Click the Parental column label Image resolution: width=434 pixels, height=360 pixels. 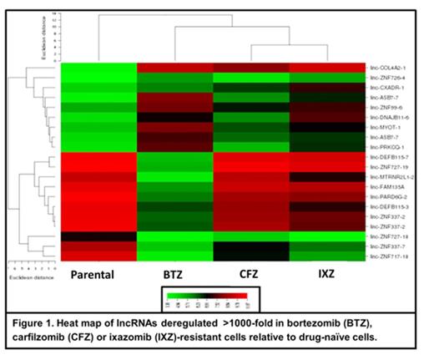point(98,274)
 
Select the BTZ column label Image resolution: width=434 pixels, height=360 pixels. point(174,274)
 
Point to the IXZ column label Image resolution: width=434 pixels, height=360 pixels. point(325,274)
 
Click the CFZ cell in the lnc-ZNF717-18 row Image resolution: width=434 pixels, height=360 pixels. point(251,256)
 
